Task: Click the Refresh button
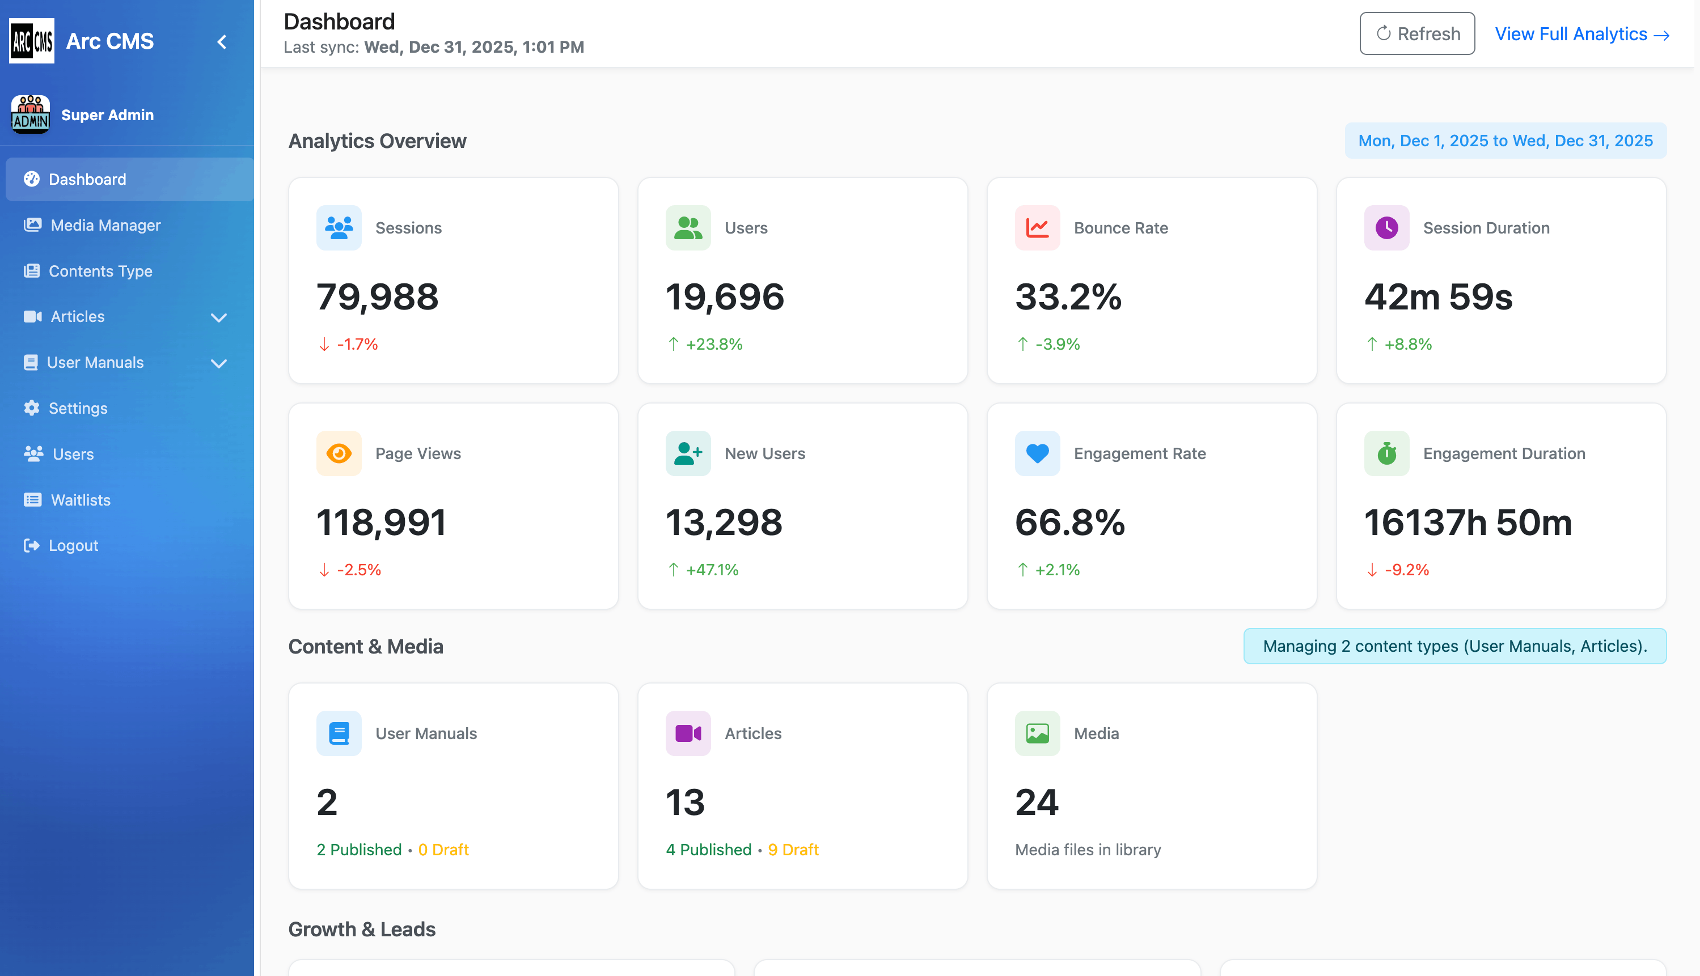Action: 1416,33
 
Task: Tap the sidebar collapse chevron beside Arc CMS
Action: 222,41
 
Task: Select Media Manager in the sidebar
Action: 105,225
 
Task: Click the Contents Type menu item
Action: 100,271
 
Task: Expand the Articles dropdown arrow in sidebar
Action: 219,317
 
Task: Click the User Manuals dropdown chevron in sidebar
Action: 219,363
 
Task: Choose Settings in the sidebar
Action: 78,408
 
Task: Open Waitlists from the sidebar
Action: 81,500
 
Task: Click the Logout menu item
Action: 73,546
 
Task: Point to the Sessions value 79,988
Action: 377,297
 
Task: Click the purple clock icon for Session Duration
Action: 1386,228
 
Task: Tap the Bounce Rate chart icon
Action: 1037,228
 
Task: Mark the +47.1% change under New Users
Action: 711,570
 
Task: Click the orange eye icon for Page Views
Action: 339,454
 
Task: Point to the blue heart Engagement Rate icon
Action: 1037,454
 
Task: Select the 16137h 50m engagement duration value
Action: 1468,523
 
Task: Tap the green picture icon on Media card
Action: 1037,733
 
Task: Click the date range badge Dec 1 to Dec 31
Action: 1505,141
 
